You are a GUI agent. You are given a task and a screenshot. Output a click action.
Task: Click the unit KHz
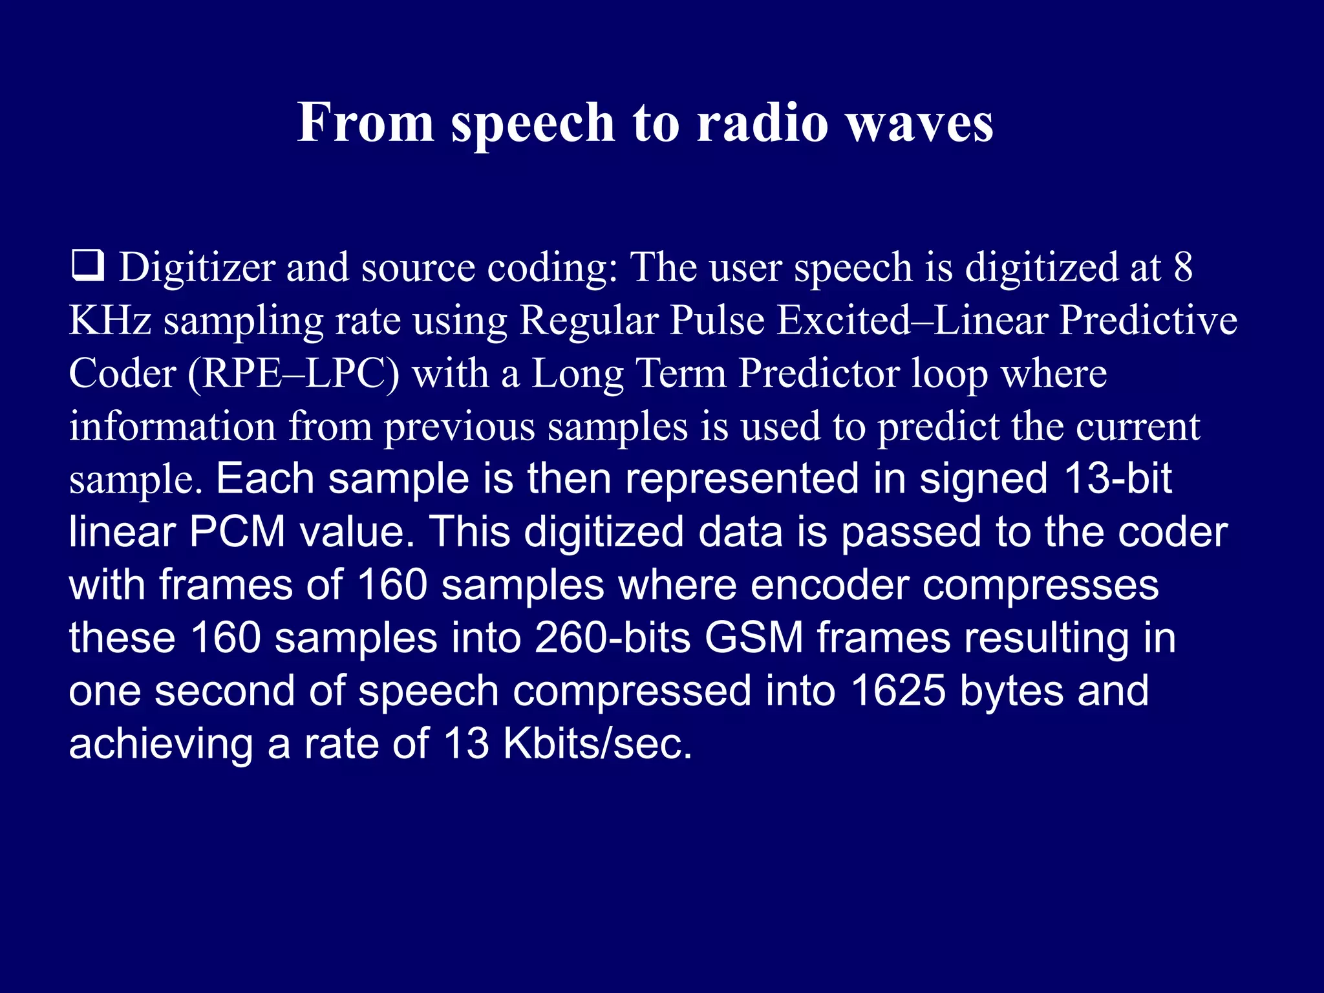110,321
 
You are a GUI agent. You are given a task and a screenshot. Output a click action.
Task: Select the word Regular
588,322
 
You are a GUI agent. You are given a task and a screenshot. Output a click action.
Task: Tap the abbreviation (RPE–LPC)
294,375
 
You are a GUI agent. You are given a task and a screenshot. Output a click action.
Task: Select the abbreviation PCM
237,532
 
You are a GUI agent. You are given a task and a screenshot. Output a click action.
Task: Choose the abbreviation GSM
754,638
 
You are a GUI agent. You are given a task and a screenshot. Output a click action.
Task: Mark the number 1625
898,691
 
